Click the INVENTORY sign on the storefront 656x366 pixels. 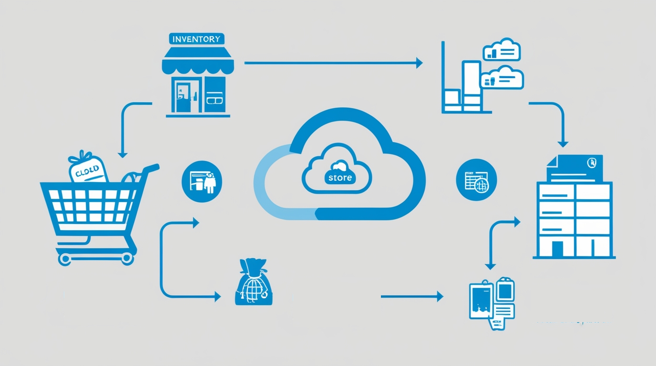click(x=197, y=39)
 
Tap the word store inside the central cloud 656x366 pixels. click(x=340, y=178)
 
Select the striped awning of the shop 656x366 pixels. click(x=198, y=63)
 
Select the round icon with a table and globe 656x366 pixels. click(x=476, y=180)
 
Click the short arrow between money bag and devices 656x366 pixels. click(x=411, y=296)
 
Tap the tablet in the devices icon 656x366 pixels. click(x=481, y=301)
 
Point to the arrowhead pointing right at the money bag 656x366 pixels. click(x=217, y=297)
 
